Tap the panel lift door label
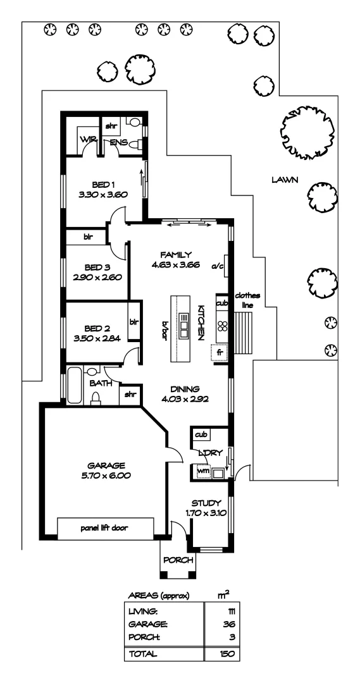105,526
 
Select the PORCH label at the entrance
177,560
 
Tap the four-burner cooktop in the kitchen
223,328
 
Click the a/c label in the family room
218,266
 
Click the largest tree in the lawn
307,132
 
